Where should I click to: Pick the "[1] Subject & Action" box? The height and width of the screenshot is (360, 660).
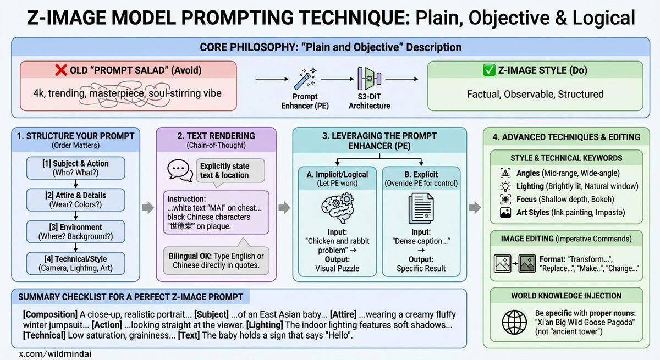pyautogui.click(x=75, y=168)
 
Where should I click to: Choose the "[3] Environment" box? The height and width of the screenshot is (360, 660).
pyautogui.click(x=75, y=231)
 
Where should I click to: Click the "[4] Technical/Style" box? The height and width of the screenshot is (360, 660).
pyautogui.click(x=75, y=263)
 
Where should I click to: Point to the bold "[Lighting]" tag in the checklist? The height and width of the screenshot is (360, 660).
pyautogui.click(x=266, y=324)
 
